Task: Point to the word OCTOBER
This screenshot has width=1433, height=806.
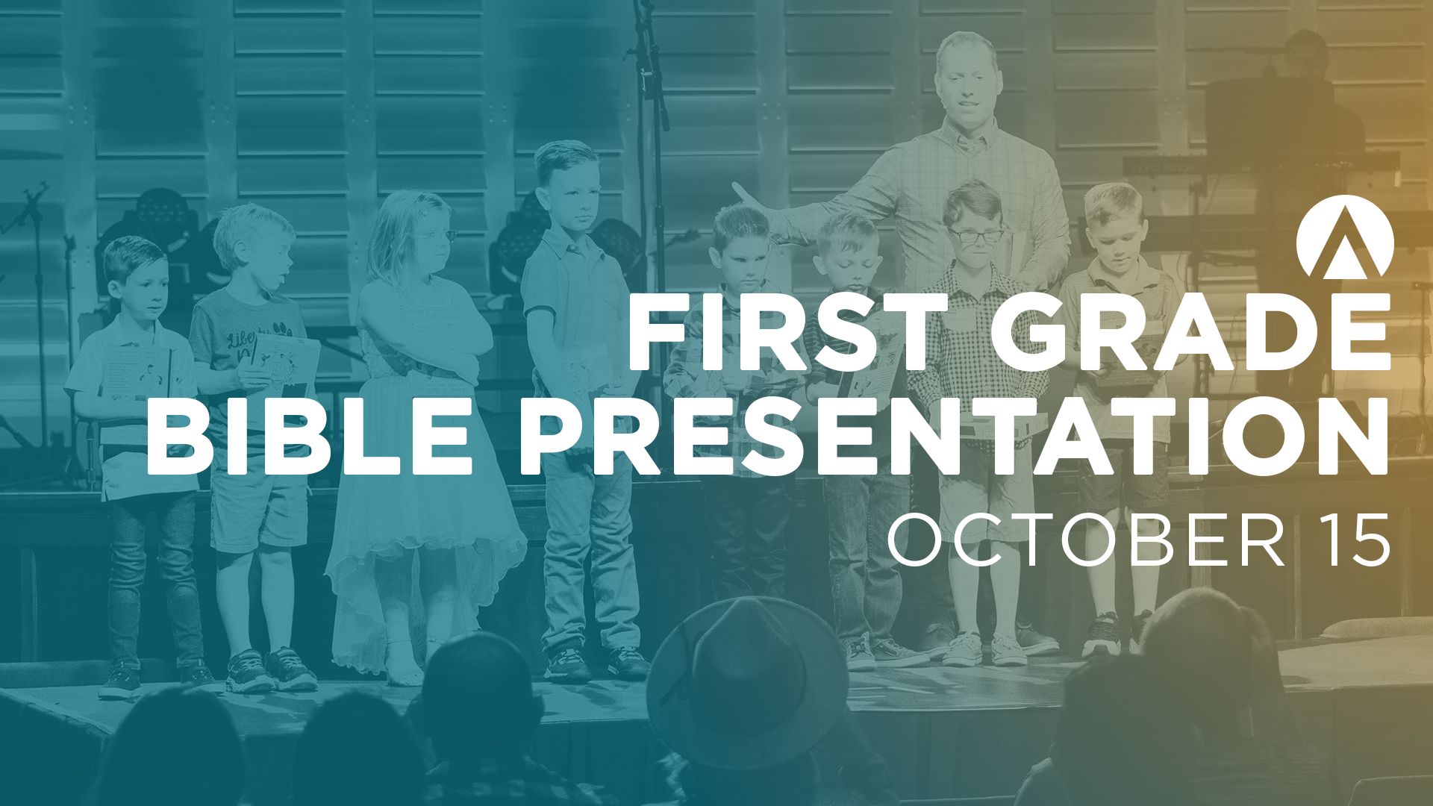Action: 1086,540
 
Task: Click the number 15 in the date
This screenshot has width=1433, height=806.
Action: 1352,540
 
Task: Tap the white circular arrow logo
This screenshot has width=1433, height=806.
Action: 1344,237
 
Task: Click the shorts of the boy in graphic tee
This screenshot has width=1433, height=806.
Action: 257,507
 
